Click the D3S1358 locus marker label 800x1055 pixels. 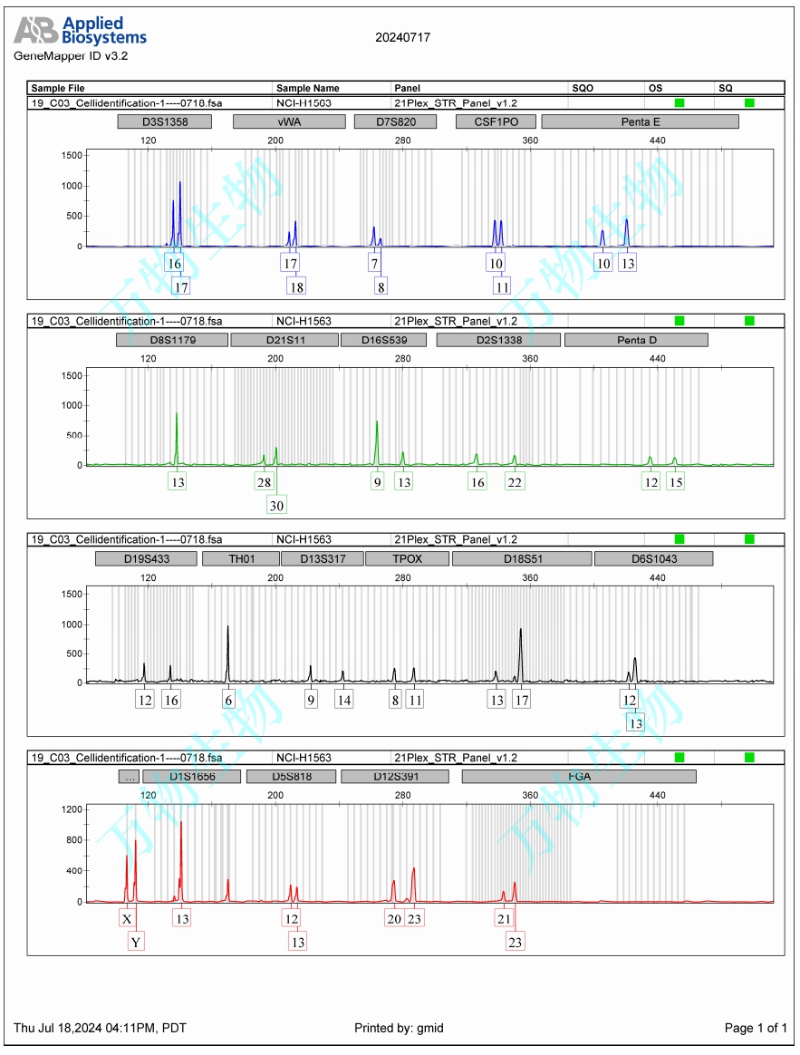point(165,121)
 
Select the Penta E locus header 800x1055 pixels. point(640,121)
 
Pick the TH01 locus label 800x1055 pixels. point(240,558)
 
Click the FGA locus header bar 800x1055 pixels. point(579,777)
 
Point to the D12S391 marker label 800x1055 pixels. point(394,777)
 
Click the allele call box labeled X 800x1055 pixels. point(127,919)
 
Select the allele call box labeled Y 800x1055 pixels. point(136,943)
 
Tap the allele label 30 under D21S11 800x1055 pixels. point(276,505)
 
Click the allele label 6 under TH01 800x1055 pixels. point(228,700)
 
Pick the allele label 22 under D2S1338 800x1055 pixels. point(515,482)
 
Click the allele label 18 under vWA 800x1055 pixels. point(296,286)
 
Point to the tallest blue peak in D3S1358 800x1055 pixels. point(179,184)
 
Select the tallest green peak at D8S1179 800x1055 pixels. point(177,415)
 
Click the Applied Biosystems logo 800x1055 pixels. point(80,32)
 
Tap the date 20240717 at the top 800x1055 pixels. point(402,37)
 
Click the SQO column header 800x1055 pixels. point(583,88)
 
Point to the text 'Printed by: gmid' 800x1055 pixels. point(399,1028)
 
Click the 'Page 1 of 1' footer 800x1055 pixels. point(756,1028)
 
